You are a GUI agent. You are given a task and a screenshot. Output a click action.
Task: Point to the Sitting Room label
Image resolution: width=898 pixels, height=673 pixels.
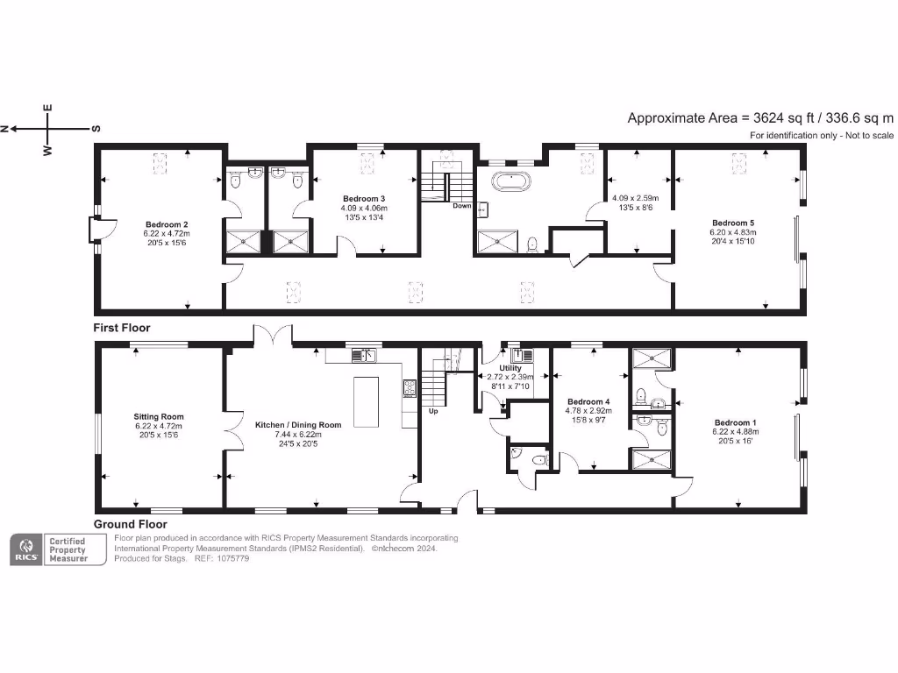pos(159,417)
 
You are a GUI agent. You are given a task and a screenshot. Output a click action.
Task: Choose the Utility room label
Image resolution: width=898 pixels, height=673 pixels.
pos(510,368)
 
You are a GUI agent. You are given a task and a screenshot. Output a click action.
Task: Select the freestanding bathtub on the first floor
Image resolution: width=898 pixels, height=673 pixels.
pos(509,183)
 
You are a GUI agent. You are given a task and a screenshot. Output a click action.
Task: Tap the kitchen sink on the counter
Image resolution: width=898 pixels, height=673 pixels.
pos(364,355)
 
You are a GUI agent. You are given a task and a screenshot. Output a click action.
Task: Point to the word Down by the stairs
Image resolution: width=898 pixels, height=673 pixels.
pos(462,206)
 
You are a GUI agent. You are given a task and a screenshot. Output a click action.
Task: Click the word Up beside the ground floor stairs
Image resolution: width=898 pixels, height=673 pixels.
pos(433,410)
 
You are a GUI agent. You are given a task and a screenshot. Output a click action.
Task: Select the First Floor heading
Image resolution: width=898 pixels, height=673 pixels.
pos(122,328)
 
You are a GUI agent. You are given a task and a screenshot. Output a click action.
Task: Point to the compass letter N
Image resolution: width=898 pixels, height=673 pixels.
pos(4,129)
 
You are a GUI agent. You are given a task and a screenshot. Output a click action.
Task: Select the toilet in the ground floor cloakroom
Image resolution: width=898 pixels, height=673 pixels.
pos(537,459)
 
